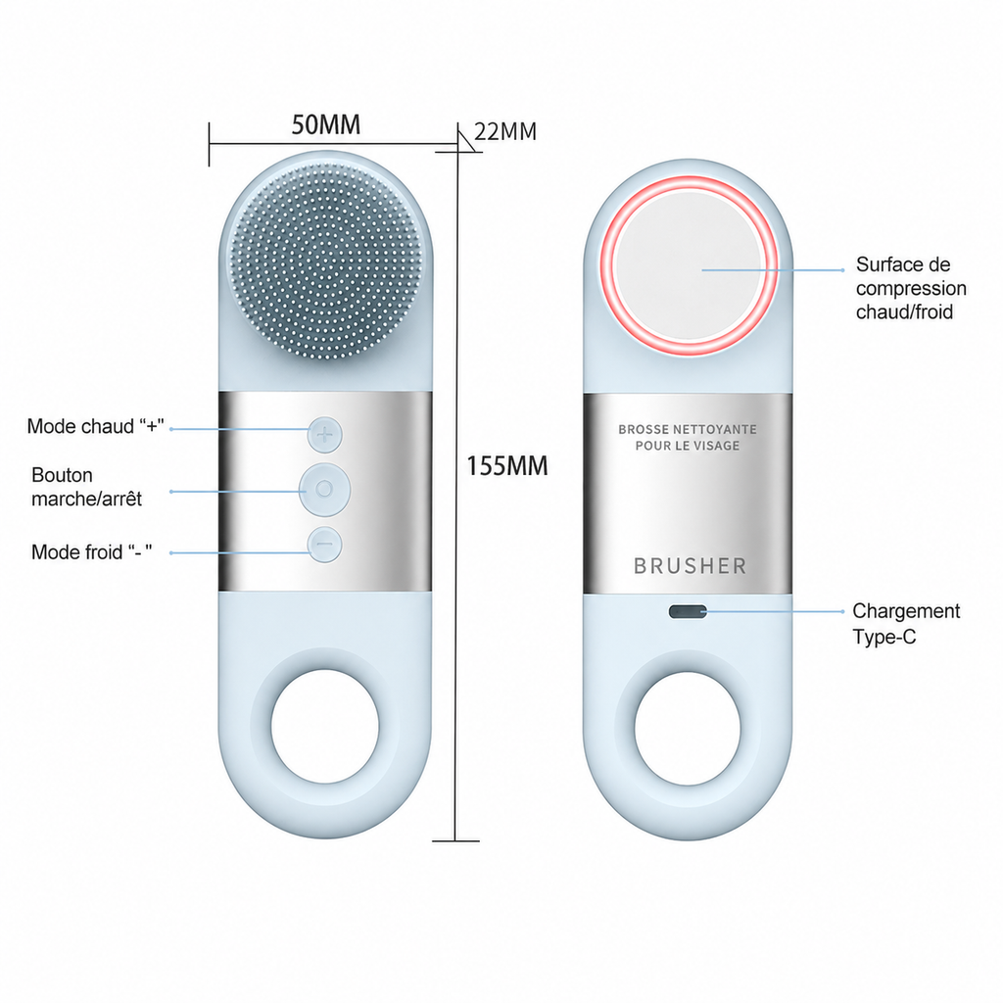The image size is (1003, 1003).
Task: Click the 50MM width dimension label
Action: click(x=325, y=124)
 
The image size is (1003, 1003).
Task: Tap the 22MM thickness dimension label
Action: click(x=505, y=132)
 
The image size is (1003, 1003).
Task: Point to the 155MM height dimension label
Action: click(x=506, y=465)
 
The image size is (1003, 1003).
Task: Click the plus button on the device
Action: click(x=325, y=435)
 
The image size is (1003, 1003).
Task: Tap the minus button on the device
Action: click(x=325, y=545)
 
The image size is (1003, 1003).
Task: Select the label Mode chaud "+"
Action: click(x=95, y=426)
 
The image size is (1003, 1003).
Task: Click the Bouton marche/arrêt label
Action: click(x=86, y=487)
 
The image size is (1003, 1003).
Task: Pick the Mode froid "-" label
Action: click(x=91, y=551)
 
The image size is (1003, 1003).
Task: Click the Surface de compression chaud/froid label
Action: click(x=911, y=288)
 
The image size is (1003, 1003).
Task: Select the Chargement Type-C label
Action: click(x=906, y=624)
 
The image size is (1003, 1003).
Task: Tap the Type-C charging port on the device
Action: click(x=688, y=612)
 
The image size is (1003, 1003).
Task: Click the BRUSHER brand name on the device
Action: click(x=690, y=566)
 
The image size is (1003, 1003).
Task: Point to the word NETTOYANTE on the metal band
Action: click(x=717, y=429)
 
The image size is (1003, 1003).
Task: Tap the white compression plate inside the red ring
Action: click(x=689, y=265)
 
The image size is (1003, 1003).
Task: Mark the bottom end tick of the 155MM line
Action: click(x=455, y=841)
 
